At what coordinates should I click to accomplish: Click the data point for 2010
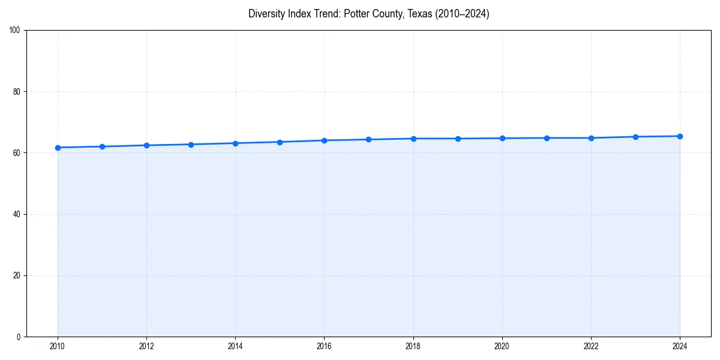58,148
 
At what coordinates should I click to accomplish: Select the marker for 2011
102,146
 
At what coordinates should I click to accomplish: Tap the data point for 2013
191,145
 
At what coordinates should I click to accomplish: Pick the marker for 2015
280,142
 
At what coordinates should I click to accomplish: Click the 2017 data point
368,139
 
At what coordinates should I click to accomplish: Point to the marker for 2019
458,139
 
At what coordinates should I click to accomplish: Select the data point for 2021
547,138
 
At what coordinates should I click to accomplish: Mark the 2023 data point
635,137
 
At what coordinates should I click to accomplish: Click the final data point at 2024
680,136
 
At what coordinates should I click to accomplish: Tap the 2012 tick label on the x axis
146,346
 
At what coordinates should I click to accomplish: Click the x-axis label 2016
324,346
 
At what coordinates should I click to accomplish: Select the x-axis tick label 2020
502,346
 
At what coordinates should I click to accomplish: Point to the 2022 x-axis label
591,346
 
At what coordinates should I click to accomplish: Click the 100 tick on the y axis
14,31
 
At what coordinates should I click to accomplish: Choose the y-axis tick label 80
16,92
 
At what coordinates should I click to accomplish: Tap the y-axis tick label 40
16,214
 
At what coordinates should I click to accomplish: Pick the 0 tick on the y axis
19,337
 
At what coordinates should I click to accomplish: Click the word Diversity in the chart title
267,14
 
